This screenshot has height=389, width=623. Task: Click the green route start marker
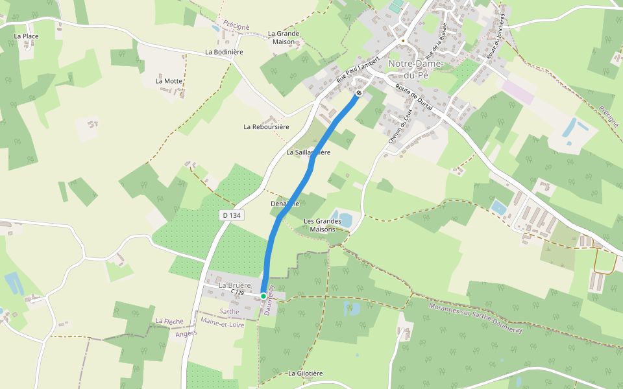coord(263,296)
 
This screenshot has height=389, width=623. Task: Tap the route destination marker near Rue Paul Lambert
coord(359,93)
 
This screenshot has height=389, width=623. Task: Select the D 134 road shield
coord(231,215)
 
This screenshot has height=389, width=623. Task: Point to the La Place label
coord(26,36)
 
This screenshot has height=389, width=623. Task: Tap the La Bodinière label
coord(224,52)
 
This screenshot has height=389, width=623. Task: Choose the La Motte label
coord(169,81)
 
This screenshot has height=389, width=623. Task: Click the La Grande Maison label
coord(284,38)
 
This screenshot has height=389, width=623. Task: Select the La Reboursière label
coord(266,126)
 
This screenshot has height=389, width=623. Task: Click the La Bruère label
coord(234,285)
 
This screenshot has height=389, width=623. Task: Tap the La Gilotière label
coord(306,373)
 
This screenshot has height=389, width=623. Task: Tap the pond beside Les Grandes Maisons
coord(342,218)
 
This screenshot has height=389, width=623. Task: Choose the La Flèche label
coord(169,321)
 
